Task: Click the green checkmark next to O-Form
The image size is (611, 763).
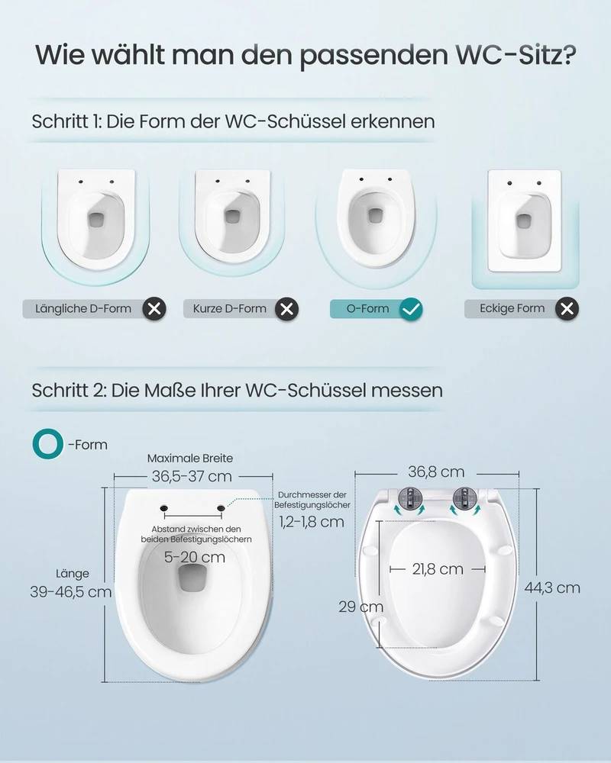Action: click(411, 309)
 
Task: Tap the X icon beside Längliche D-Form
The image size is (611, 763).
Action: click(154, 309)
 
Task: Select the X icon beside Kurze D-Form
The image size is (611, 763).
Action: click(287, 309)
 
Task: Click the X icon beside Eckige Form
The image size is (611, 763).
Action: click(567, 308)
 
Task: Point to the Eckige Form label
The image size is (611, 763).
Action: click(512, 308)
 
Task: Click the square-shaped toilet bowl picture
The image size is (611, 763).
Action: click(525, 221)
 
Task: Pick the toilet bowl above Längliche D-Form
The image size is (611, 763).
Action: click(96, 219)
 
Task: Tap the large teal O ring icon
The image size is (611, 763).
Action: click(48, 444)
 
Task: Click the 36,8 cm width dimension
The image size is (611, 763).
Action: click(436, 472)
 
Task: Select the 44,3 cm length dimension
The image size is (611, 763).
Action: click(552, 588)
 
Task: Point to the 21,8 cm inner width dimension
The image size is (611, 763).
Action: click(438, 569)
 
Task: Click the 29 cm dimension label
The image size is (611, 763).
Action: click(361, 607)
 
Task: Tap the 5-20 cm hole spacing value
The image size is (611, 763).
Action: click(195, 557)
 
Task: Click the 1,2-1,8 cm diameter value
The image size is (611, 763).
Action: click(312, 522)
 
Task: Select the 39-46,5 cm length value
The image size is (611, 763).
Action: click(71, 592)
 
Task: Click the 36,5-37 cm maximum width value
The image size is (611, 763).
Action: click(192, 476)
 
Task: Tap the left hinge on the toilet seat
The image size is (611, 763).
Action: click(409, 498)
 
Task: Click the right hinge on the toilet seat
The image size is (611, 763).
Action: click(464, 498)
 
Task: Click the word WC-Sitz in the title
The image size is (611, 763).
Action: click(516, 54)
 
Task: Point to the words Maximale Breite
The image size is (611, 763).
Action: click(190, 459)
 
